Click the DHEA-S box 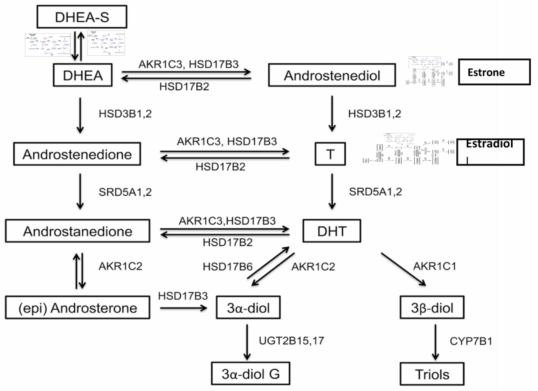(82, 17)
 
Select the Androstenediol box (332, 75)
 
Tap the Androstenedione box (77, 154)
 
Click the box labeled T (330, 154)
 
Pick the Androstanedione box (77, 231)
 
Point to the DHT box (331, 231)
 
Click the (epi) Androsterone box (77, 308)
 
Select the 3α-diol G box (250, 374)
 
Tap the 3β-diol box (432, 308)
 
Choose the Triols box (432, 374)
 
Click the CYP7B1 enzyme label (471, 341)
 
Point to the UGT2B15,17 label (291, 341)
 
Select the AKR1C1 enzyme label (434, 266)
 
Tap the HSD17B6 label (227, 267)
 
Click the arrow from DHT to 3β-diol (403, 269)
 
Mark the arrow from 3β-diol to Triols (435, 342)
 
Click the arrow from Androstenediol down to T (332, 113)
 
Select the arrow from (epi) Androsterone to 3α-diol (184, 308)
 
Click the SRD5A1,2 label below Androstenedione (125, 192)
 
